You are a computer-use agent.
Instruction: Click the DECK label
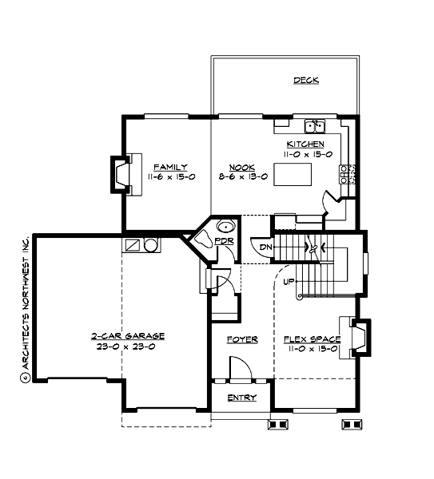306,81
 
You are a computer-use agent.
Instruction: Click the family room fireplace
121,174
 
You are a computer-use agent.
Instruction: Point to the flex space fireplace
357,335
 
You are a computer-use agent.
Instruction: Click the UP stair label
289,281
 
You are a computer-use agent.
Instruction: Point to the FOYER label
241,339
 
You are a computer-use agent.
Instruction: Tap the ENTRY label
241,398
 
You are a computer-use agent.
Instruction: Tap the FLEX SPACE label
311,339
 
